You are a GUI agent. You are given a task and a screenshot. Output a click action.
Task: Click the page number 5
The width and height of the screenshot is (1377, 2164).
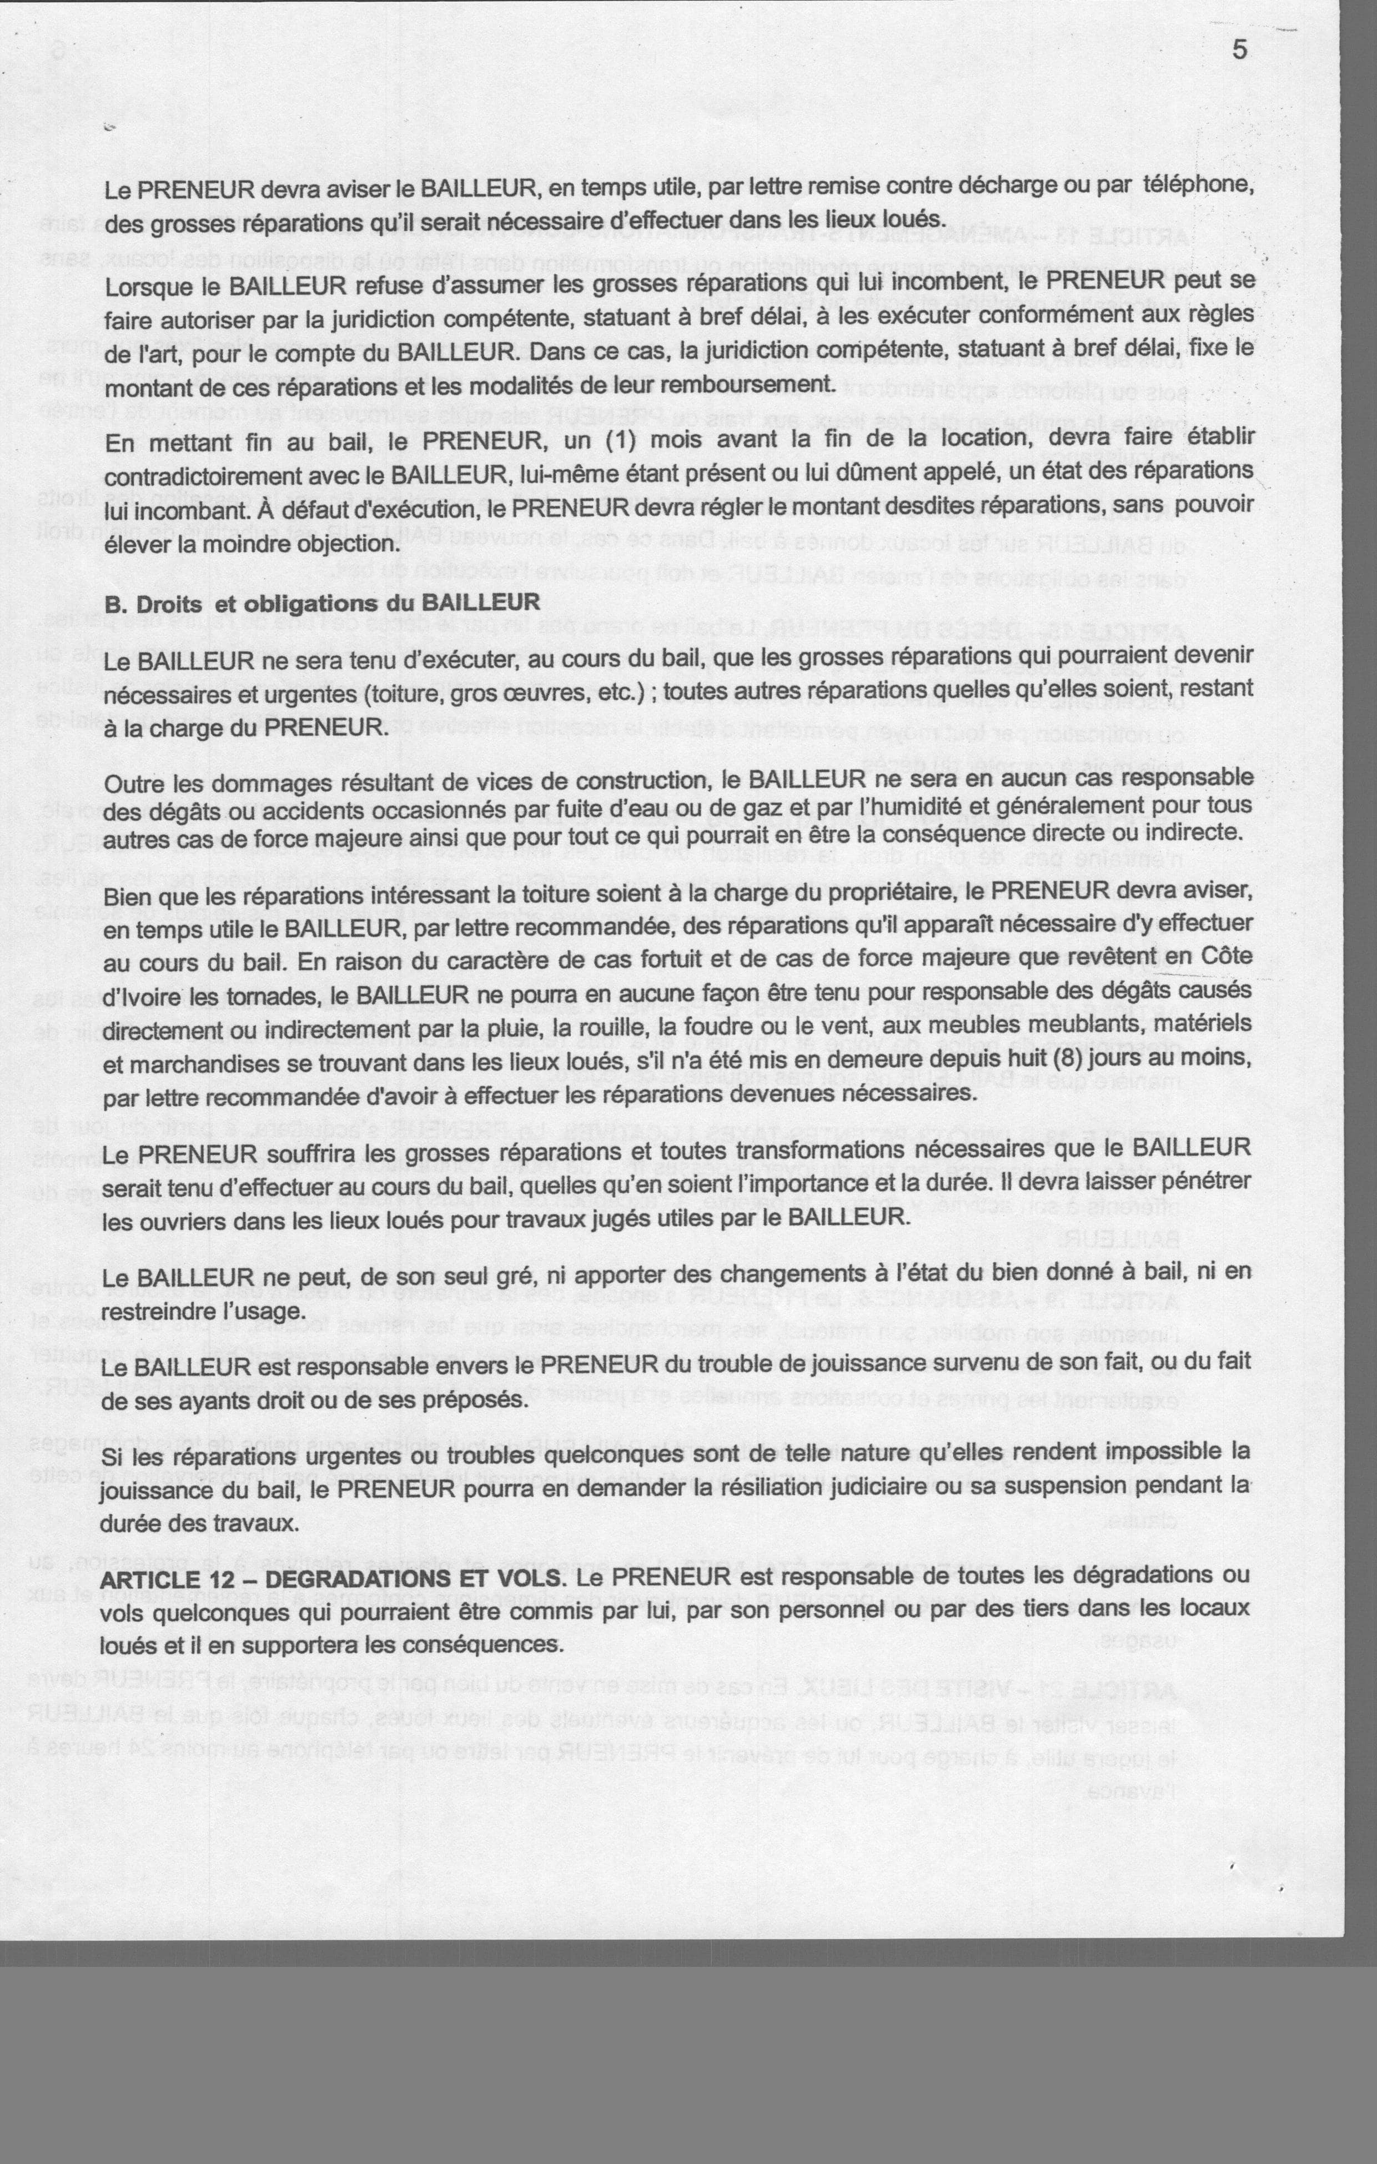[x=1239, y=51]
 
